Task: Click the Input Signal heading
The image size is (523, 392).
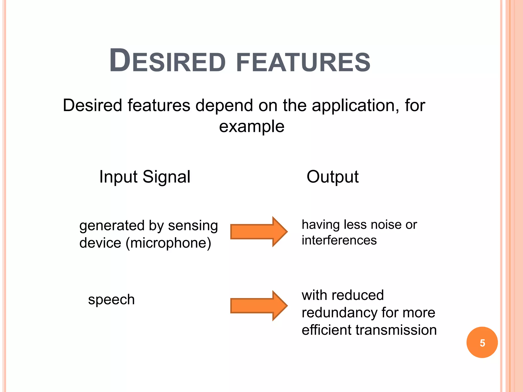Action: coord(145,177)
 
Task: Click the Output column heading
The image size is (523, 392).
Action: coord(332,177)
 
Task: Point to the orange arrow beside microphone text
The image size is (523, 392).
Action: coord(258,232)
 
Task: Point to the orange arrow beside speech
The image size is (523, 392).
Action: coord(258,305)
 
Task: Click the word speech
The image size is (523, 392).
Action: coord(111,300)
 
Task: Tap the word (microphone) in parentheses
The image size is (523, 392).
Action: coord(169,243)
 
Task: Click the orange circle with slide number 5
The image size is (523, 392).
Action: coord(482,342)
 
